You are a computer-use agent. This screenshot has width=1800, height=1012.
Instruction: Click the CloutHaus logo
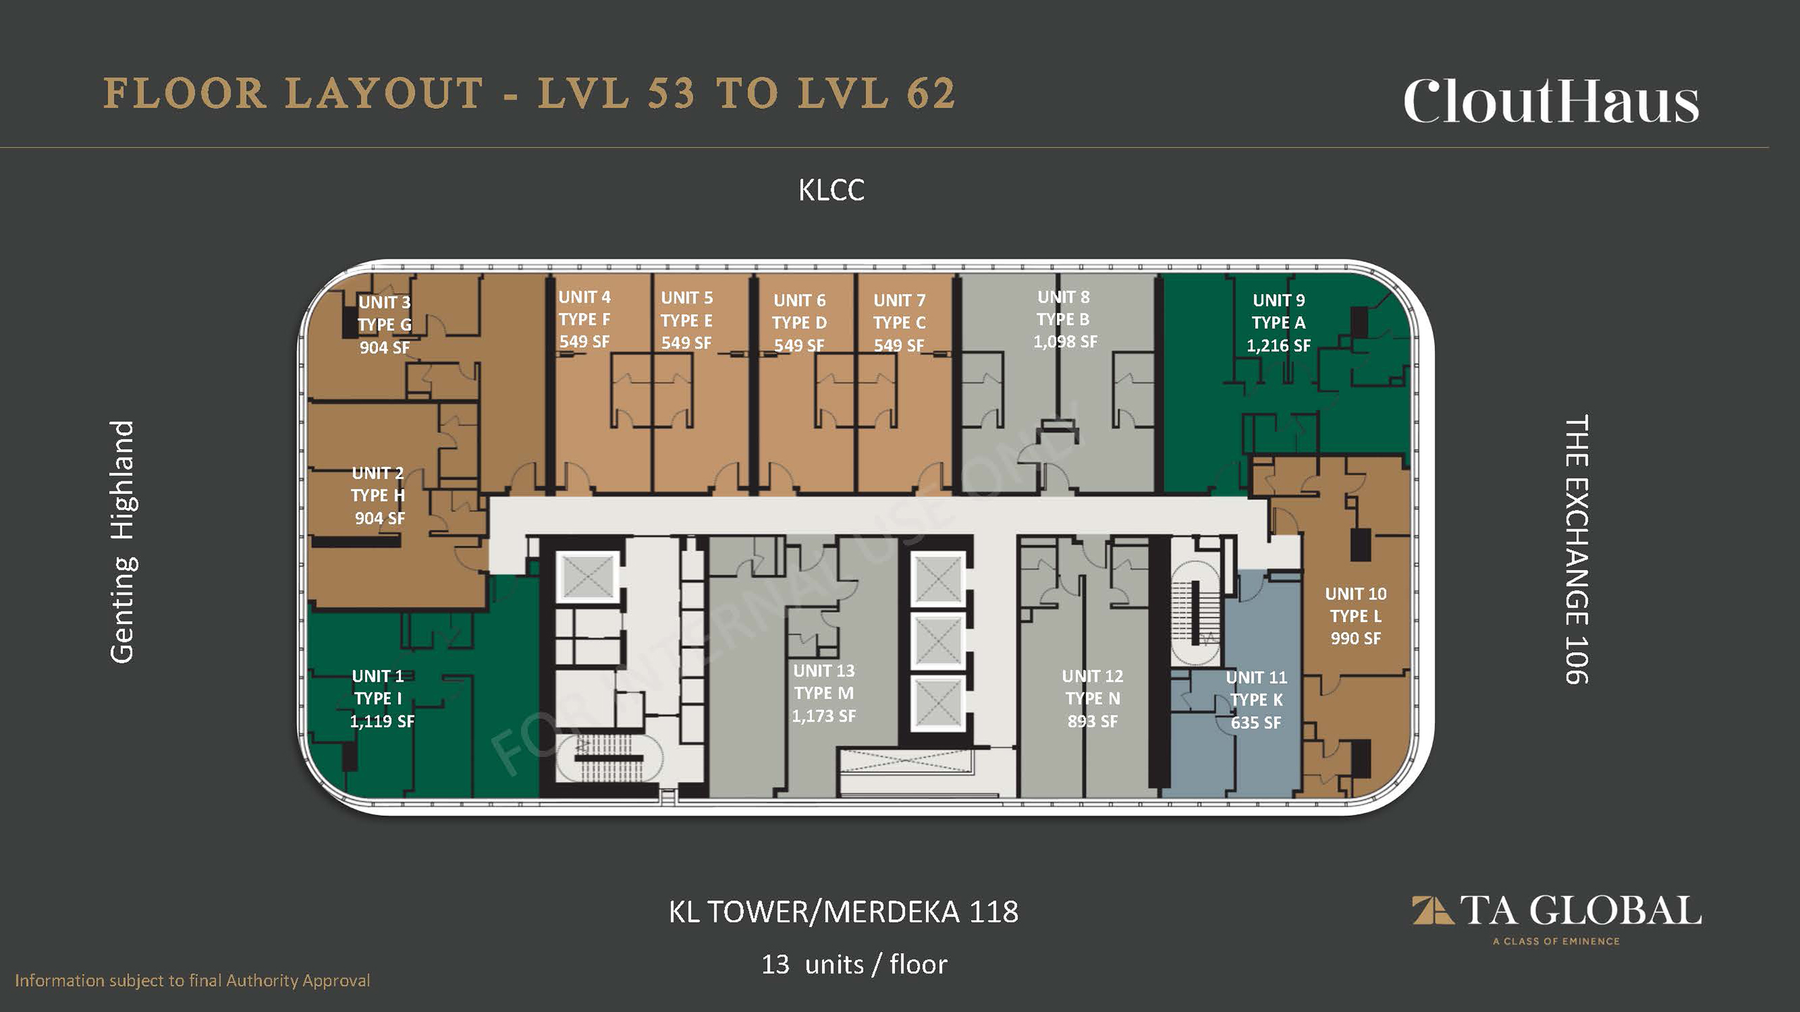point(1551,102)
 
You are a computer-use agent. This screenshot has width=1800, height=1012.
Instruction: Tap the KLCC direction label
point(831,190)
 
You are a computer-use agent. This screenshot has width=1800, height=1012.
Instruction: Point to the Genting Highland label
point(122,541)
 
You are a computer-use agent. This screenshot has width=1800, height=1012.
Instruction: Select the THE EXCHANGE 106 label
point(1576,550)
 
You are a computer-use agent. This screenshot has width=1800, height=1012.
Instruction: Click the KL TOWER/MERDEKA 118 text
point(843,912)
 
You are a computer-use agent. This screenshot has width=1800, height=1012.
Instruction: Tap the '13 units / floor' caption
point(854,964)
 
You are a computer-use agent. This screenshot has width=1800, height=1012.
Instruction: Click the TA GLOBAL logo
point(1557,916)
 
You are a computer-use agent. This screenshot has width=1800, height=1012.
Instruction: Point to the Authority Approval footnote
point(192,980)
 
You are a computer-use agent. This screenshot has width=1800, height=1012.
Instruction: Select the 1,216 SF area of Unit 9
point(1278,346)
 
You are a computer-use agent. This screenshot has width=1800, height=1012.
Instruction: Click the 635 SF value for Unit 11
point(1256,722)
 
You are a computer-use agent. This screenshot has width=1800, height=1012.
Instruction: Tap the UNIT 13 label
point(824,671)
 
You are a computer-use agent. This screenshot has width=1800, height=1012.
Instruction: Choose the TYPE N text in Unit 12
point(1093,699)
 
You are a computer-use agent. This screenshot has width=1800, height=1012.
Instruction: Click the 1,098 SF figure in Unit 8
point(1065,342)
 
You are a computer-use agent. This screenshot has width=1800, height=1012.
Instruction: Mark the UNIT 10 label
point(1356,594)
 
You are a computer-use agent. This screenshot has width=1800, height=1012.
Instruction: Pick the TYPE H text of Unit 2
point(378,495)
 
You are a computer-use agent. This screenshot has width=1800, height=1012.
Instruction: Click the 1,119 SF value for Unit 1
point(382,721)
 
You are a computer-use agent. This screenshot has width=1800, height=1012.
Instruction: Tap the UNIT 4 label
point(584,297)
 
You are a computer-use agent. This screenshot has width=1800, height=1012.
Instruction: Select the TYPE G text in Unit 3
point(385,325)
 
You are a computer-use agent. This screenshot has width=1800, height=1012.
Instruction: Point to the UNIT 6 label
point(799,301)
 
